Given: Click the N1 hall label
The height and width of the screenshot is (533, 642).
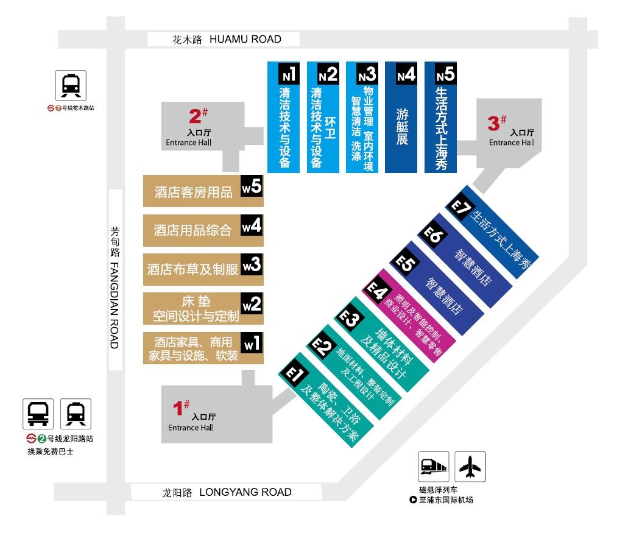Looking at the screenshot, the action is (x=289, y=74).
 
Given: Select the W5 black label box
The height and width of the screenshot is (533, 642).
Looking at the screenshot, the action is (x=252, y=186).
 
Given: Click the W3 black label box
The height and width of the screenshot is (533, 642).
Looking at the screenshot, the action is (x=252, y=264).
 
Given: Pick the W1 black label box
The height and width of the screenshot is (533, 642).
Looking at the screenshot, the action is (x=252, y=342).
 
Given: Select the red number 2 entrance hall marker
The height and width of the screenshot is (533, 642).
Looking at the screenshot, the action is (x=198, y=116).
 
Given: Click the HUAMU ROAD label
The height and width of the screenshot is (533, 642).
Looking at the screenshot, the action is (x=245, y=40).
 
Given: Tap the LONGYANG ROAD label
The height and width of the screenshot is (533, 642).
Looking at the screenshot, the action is (x=245, y=492).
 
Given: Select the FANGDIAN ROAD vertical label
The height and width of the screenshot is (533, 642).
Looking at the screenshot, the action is (x=115, y=305).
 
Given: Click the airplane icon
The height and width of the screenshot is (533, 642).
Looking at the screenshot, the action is (x=470, y=467).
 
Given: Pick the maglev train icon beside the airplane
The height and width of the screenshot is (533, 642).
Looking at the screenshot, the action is (x=434, y=467).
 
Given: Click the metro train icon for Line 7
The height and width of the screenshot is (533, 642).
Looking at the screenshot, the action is (x=71, y=85).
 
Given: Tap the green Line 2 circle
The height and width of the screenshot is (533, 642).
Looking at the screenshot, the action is (x=42, y=439).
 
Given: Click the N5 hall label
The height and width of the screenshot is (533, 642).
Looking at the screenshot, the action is (x=445, y=74).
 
